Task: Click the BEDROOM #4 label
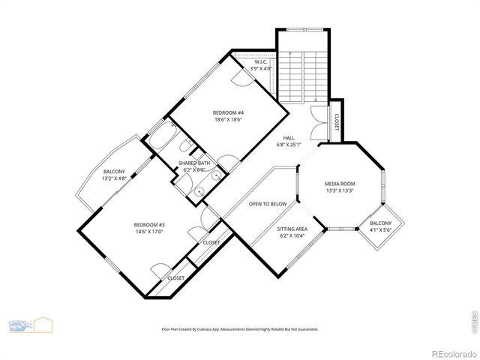point(228,113)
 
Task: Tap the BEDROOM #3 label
point(149,225)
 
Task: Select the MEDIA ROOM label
point(340,184)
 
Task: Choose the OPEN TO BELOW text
point(268,204)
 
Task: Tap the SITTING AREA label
point(292,229)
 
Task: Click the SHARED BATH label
point(194,163)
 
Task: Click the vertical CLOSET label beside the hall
point(336,121)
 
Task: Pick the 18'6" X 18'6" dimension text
point(228,120)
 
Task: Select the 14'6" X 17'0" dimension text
point(149,232)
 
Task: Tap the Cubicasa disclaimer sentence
point(240,328)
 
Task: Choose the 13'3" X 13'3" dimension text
point(340,190)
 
